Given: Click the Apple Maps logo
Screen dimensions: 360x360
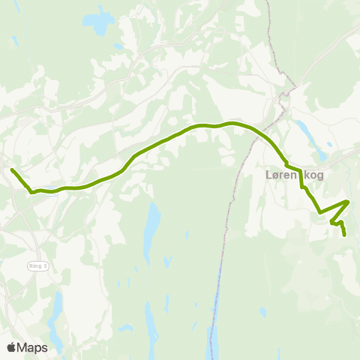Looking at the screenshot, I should click(x=27, y=347).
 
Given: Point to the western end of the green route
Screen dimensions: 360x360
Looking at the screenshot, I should click(x=13, y=170).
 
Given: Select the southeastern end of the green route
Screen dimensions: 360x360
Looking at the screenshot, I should click(x=345, y=235).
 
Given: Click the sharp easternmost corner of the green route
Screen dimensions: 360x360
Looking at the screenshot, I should click(x=348, y=201).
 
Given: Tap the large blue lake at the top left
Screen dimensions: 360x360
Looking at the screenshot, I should click(x=98, y=22).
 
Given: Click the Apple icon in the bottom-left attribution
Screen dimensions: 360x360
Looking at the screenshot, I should click(x=11, y=347).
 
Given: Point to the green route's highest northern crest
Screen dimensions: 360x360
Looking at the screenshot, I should click(x=232, y=122).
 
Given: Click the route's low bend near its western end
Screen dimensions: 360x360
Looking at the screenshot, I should click(x=32, y=192).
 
